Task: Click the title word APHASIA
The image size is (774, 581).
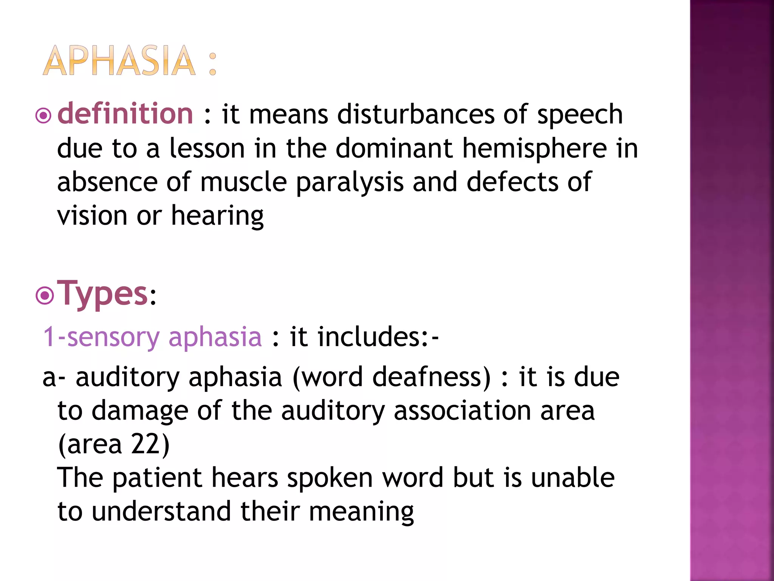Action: [x=119, y=61]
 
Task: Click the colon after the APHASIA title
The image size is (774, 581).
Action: [x=213, y=64]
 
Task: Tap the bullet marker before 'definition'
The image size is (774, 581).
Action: [x=43, y=116]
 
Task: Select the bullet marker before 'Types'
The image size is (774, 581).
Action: [x=45, y=296]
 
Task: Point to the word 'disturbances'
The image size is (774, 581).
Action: [x=415, y=114]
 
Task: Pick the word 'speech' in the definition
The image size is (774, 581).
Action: [x=580, y=115]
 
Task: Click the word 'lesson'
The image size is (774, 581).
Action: [x=207, y=148]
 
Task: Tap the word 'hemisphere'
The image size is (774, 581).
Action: [x=534, y=148]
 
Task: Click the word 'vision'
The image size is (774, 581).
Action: [x=92, y=216]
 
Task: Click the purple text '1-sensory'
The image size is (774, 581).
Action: [x=101, y=337]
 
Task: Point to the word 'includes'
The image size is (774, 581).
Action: [x=368, y=337]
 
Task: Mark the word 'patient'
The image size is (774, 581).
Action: [x=157, y=478]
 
